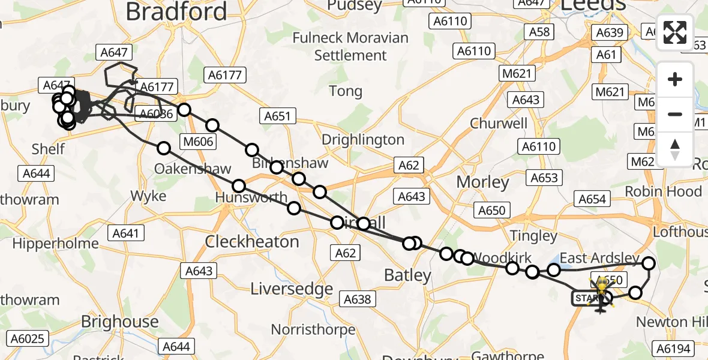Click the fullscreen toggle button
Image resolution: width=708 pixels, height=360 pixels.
coord(675,32)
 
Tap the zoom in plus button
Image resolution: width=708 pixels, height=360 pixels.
coord(675,80)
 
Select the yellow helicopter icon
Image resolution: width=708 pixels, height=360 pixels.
coord(601,294)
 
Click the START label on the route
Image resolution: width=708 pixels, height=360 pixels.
coord(585,298)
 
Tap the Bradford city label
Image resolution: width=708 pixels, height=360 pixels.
coord(177,11)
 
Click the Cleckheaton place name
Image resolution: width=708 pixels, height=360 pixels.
coord(252,241)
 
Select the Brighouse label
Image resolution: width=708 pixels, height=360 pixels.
coord(119,322)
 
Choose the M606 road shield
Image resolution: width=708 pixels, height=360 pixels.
coord(198,141)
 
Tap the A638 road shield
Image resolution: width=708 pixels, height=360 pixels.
coord(358,298)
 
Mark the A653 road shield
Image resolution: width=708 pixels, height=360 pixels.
coord(544,178)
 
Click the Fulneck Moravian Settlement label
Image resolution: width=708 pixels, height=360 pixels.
coord(350,46)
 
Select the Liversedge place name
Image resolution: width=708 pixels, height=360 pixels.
coord(291,289)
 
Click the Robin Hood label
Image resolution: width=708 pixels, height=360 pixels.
coord(663,191)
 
